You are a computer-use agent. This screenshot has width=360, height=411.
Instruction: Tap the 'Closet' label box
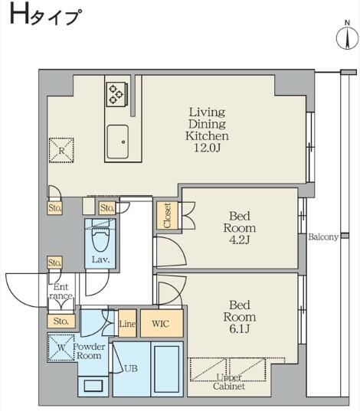click(x=166, y=215)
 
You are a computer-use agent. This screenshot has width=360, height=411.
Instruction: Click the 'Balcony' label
click(x=323, y=237)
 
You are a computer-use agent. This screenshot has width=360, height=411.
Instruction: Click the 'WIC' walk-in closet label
click(x=162, y=324)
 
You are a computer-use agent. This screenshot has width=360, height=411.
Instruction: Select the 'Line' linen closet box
click(x=127, y=324)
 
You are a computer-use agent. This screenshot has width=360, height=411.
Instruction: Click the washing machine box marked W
click(x=61, y=349)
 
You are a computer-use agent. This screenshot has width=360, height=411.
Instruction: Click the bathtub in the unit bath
click(x=166, y=369)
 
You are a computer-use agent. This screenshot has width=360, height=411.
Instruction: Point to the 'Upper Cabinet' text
click(x=229, y=383)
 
